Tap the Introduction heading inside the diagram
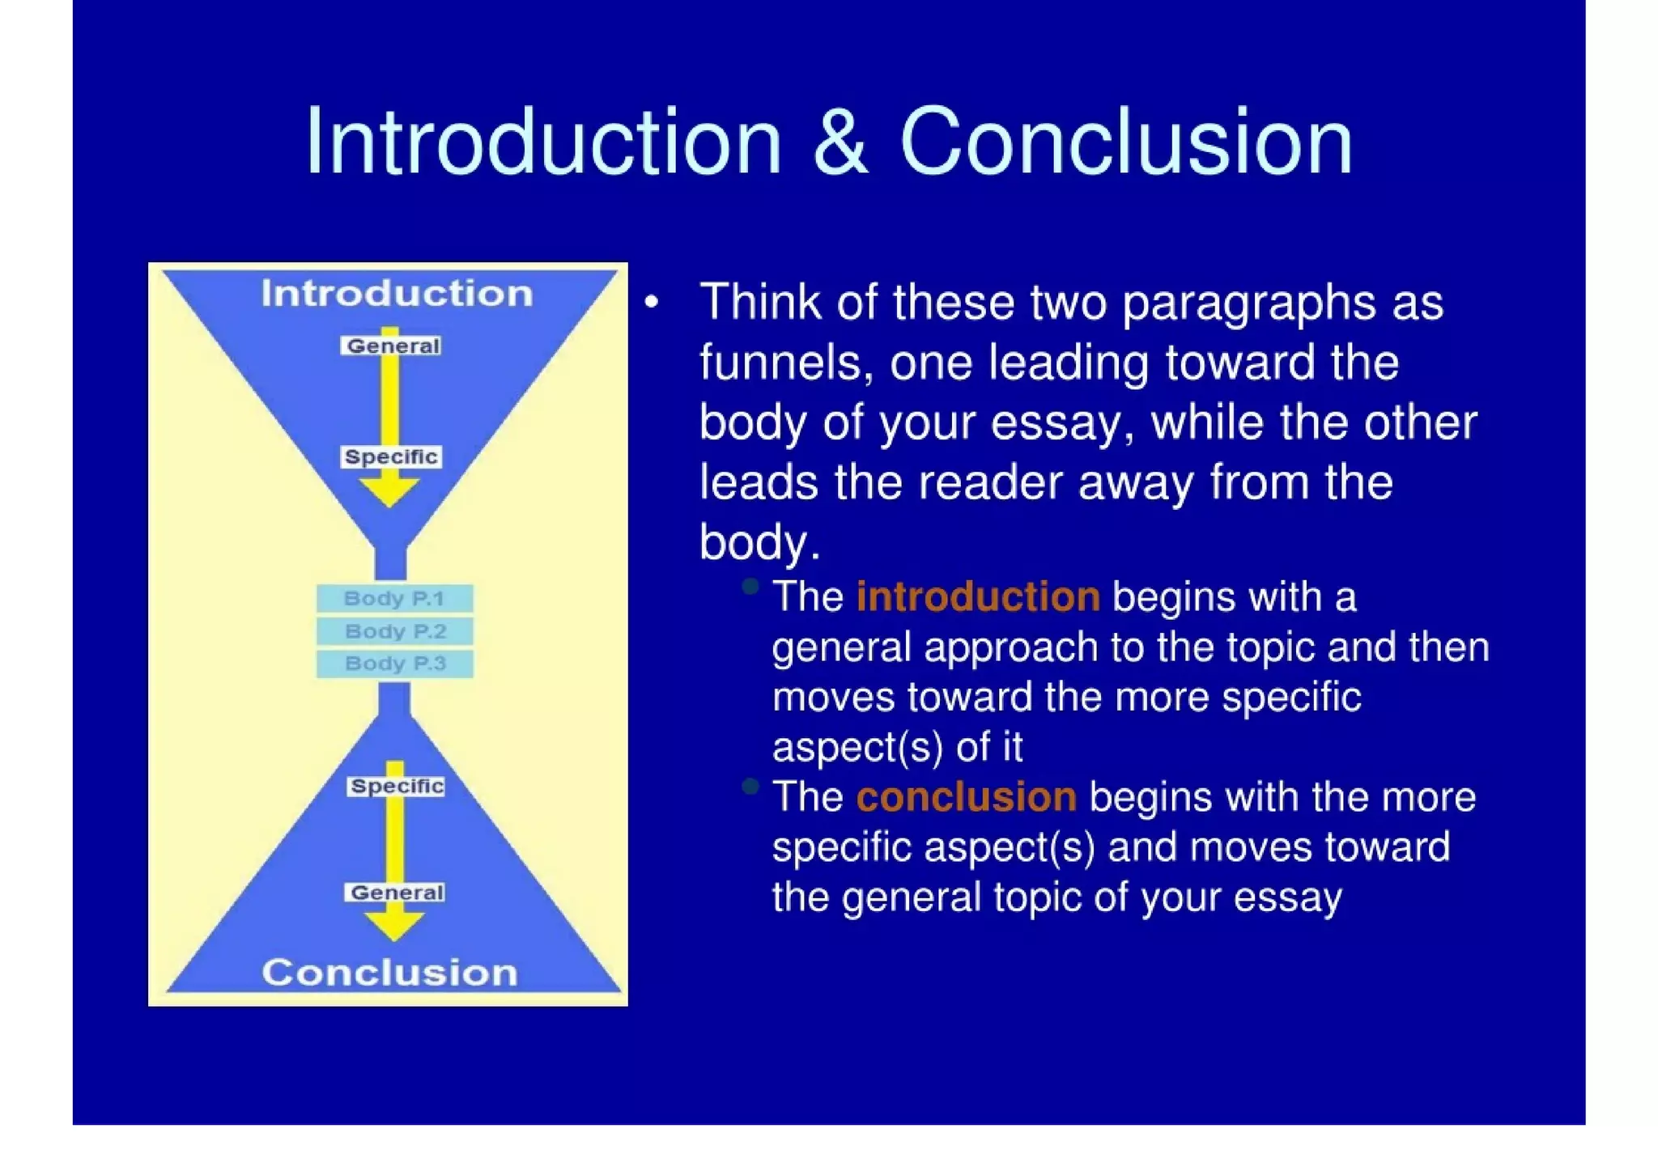(397, 294)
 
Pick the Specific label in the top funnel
(391, 457)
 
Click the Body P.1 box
(394, 599)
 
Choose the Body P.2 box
(394, 631)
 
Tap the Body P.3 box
(394, 664)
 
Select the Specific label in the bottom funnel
(397, 787)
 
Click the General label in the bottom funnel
(397, 893)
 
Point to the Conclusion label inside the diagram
(389, 973)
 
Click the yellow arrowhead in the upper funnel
(389, 492)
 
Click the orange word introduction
(978, 597)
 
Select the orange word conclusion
(967, 797)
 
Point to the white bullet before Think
(652, 303)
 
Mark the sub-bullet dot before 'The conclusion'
(750, 786)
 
